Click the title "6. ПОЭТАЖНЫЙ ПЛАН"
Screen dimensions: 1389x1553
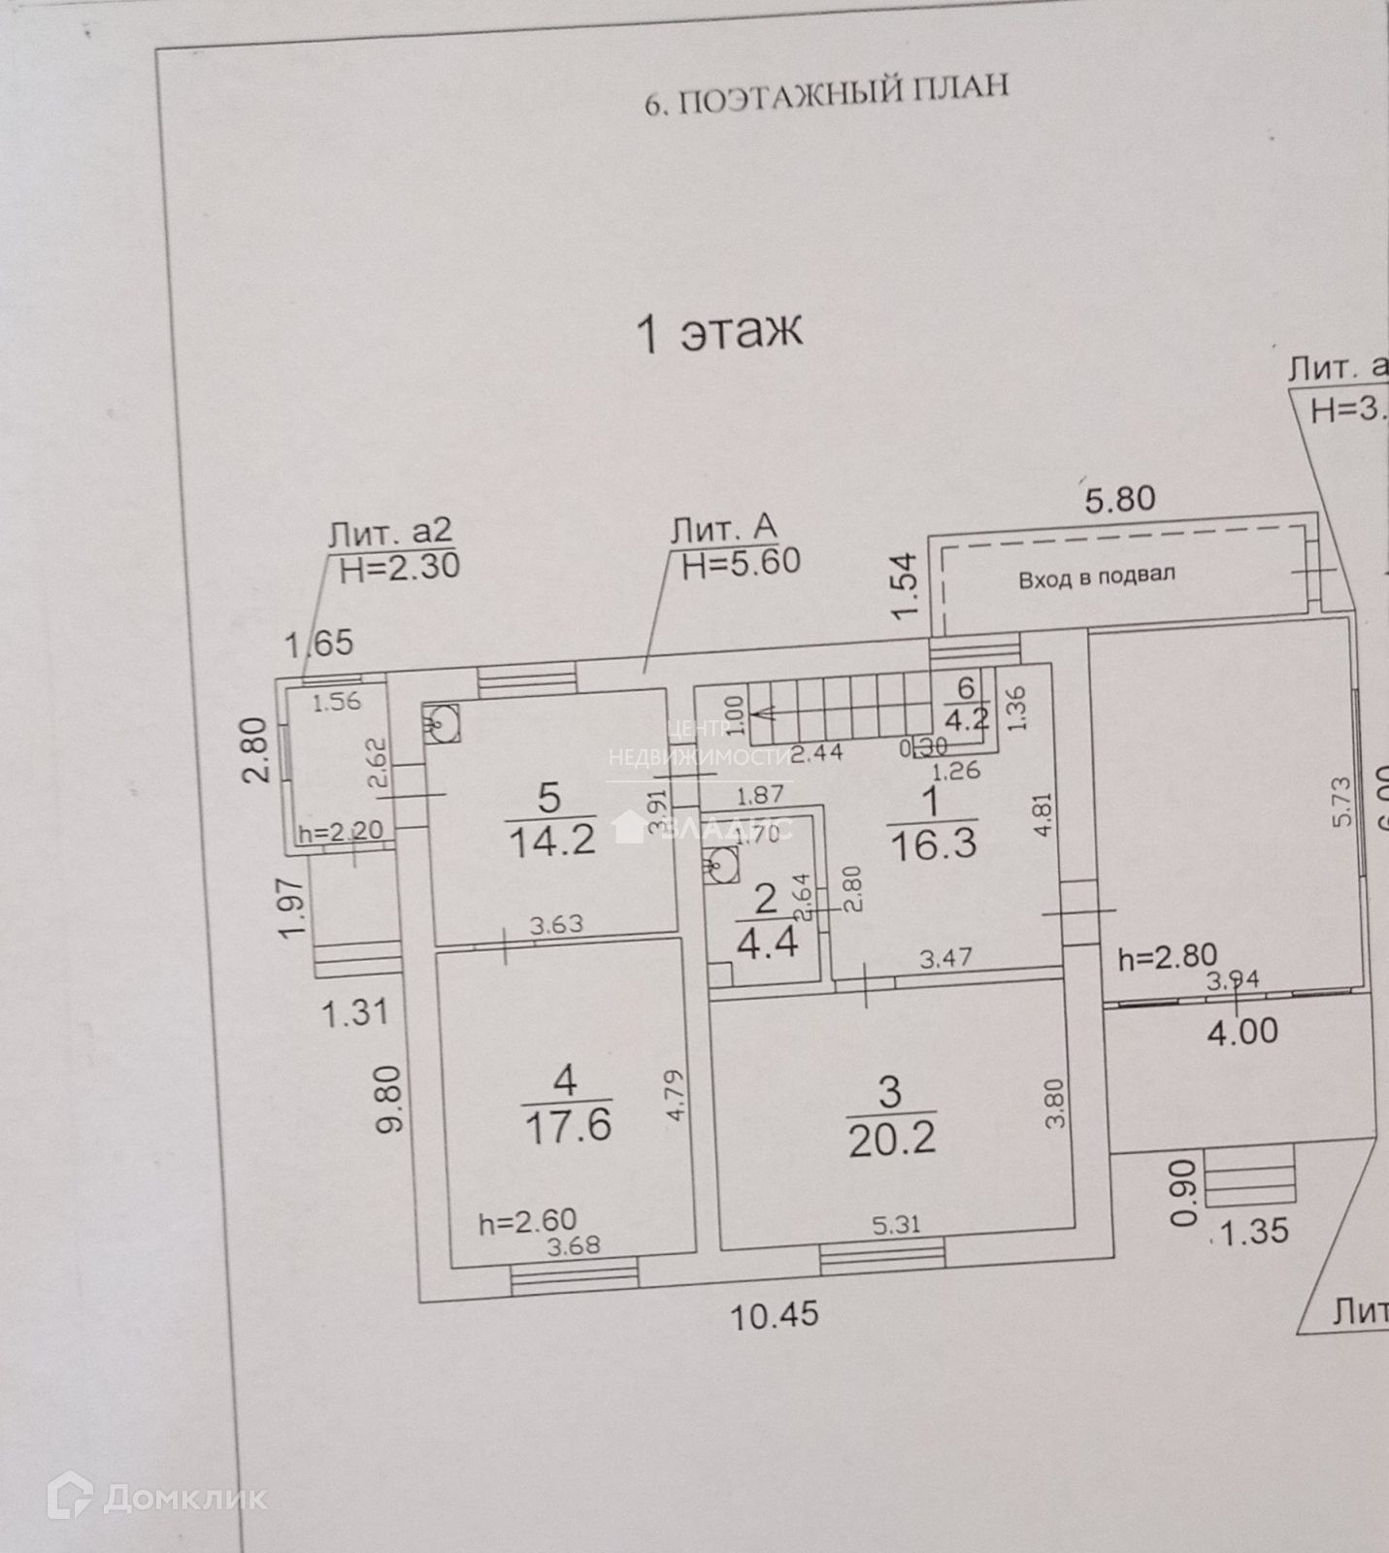coord(827,93)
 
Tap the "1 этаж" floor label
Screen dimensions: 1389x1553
coord(718,331)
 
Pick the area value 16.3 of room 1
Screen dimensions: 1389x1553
coord(932,843)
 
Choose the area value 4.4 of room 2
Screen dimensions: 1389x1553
coord(767,942)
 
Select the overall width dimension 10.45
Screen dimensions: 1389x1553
coord(775,1315)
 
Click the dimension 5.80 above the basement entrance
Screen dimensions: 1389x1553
coord(1119,499)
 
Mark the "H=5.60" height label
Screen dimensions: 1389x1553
coord(741,562)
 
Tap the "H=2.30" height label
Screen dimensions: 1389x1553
coord(399,566)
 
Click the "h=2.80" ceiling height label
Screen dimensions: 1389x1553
coord(1167,958)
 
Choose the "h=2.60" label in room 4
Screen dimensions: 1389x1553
coord(528,1221)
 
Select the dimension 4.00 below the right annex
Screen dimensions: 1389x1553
coord(1242,1030)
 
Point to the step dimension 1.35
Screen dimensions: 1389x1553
coord(1254,1232)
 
